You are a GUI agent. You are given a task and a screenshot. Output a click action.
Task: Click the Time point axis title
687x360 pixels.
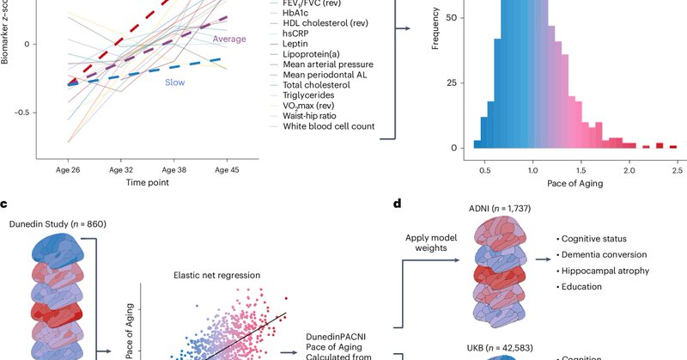tap(146, 183)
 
